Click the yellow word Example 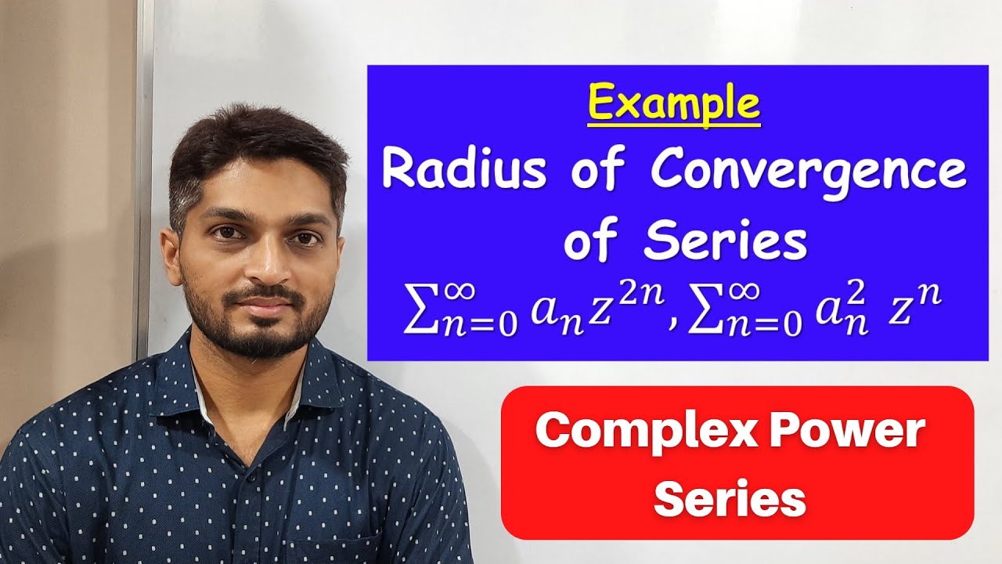pos(673,104)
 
